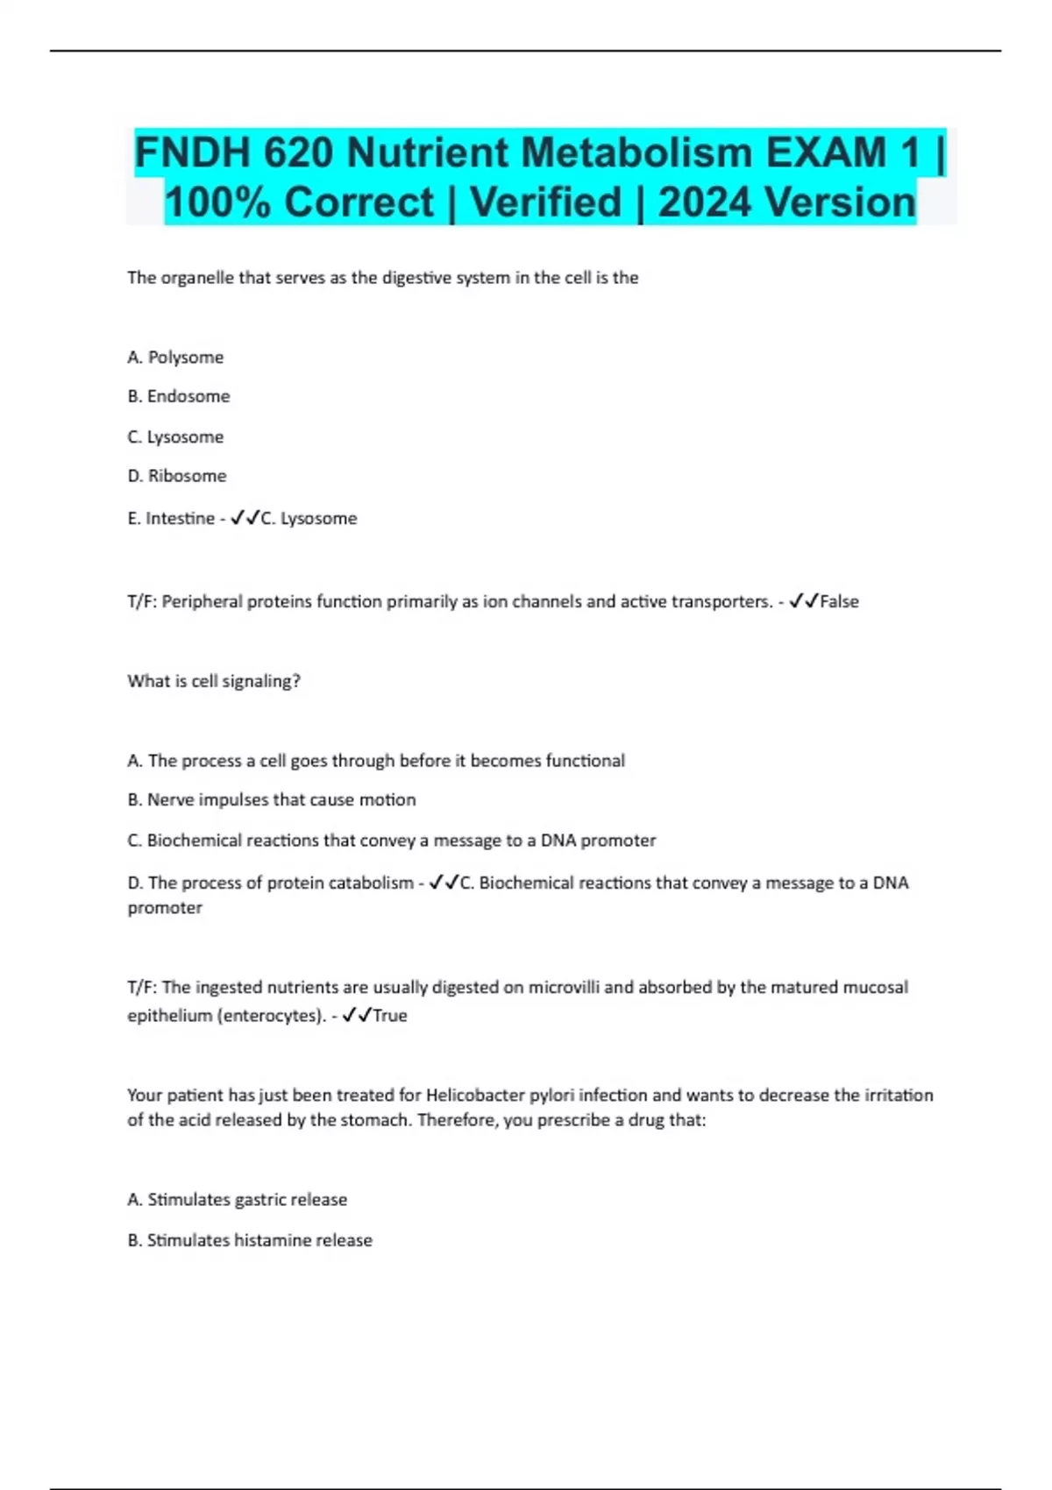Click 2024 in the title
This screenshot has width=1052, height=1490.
point(704,202)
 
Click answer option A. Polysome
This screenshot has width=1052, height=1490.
point(175,358)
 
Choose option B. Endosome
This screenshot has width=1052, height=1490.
point(179,396)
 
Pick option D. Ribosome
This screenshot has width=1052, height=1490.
point(177,476)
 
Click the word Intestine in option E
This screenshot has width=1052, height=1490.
point(180,519)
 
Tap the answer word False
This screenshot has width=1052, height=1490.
point(839,602)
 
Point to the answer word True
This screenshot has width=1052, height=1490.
point(390,1016)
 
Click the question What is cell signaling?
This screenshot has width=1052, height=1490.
point(214,681)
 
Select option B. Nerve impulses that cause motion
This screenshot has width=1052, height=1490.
point(272,800)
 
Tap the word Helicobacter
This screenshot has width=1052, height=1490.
point(474,1096)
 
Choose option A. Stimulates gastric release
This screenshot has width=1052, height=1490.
point(238,1200)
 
